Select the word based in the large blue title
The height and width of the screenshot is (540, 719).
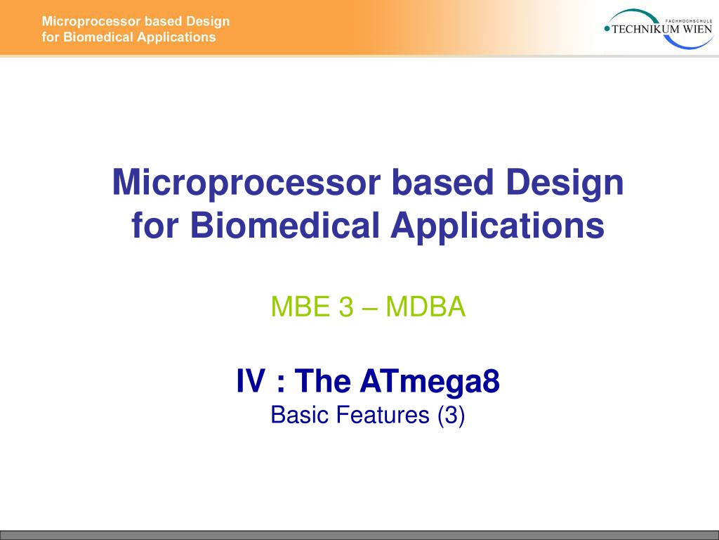pos(442,182)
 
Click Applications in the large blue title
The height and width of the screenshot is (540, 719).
pos(497,226)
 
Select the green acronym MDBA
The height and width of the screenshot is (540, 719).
pos(426,307)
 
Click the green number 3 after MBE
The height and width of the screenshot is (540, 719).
pos(346,307)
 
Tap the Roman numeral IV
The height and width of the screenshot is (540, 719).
pos(251,381)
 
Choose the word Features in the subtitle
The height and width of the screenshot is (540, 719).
pos(383,415)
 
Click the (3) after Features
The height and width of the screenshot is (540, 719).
pos(451,415)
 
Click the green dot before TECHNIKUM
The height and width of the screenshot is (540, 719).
pos(607,29)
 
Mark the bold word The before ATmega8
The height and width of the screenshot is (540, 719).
pos(323,381)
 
